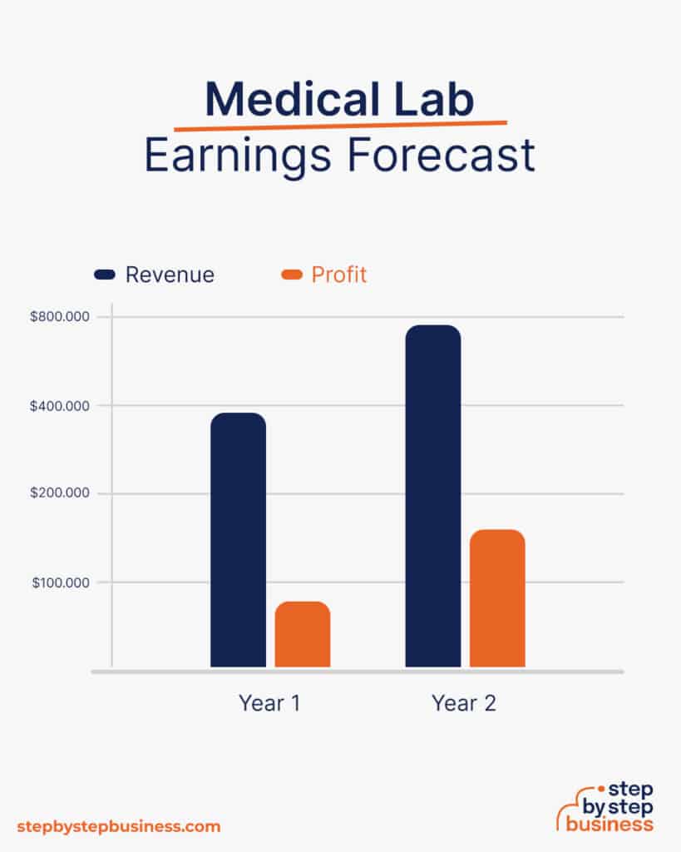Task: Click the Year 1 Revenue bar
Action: (x=238, y=540)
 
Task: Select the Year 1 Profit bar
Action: (x=303, y=634)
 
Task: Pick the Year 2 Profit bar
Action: (x=497, y=598)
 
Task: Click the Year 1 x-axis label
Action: (x=269, y=703)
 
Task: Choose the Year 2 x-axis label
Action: (x=464, y=703)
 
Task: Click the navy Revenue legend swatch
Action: (x=106, y=275)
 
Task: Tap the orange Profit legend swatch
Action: (x=293, y=275)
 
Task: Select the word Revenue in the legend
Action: (x=170, y=275)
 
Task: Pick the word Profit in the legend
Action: (x=339, y=275)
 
